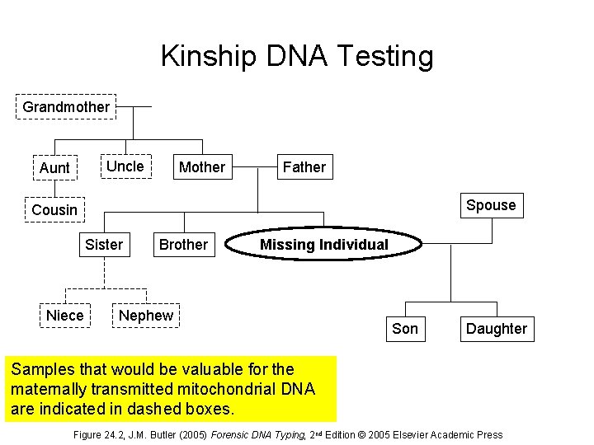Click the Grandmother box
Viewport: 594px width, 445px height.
tap(66, 107)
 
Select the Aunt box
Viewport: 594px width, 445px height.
tap(54, 167)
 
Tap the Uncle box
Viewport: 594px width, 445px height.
tap(125, 166)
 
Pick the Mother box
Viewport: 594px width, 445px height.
tap(201, 167)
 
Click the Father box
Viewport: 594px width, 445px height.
tap(304, 167)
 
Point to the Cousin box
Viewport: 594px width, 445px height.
tap(54, 210)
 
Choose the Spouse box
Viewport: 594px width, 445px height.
tap(491, 205)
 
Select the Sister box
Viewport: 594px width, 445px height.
tap(104, 245)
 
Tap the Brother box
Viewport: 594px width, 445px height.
tap(183, 245)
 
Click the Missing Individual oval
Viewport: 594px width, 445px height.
tap(323, 245)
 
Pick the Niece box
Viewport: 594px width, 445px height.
tap(65, 316)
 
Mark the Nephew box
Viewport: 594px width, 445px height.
tap(146, 316)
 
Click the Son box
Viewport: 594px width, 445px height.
tap(404, 329)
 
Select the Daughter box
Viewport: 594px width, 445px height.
tap(496, 329)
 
